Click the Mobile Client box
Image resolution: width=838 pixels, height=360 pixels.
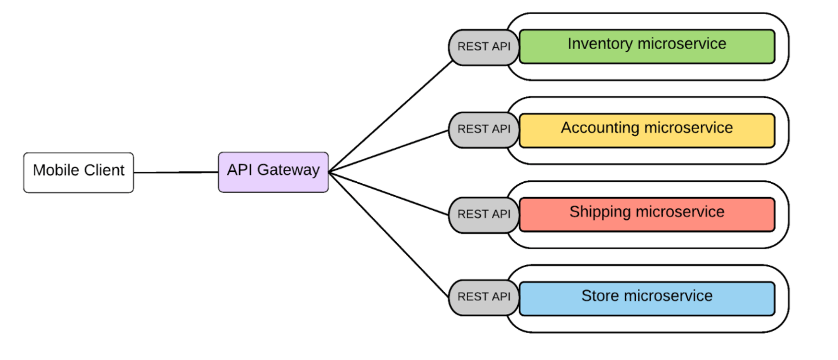pyautogui.click(x=79, y=172)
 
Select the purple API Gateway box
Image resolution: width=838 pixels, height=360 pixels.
pyautogui.click(x=274, y=172)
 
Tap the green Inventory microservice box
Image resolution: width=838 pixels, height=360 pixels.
pyautogui.click(x=647, y=47)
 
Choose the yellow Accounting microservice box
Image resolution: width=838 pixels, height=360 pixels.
pyautogui.click(x=647, y=131)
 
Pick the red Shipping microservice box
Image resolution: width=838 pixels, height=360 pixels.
pyautogui.click(x=647, y=215)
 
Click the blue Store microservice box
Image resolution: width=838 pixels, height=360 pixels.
pyautogui.click(x=647, y=298)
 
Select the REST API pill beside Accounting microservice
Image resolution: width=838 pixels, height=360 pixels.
pyautogui.click(x=484, y=130)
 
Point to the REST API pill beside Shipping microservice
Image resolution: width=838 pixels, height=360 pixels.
pyautogui.click(x=484, y=215)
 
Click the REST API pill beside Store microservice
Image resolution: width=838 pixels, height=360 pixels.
pyautogui.click(x=484, y=298)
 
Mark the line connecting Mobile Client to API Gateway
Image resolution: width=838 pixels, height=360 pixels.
pyautogui.click(x=176, y=172)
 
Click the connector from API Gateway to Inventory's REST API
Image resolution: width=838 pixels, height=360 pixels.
pyautogui.click(x=391, y=116)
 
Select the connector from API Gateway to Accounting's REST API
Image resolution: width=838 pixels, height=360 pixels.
pyautogui.click(x=389, y=151)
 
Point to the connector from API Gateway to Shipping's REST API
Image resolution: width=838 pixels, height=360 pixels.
pyautogui.click(x=389, y=193)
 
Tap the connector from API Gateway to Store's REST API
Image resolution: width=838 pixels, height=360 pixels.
pyautogui.click(x=389, y=235)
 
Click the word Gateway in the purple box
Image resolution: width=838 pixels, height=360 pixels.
pyautogui.click(x=288, y=171)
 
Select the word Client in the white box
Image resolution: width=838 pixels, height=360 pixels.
pyautogui.click(x=104, y=171)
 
